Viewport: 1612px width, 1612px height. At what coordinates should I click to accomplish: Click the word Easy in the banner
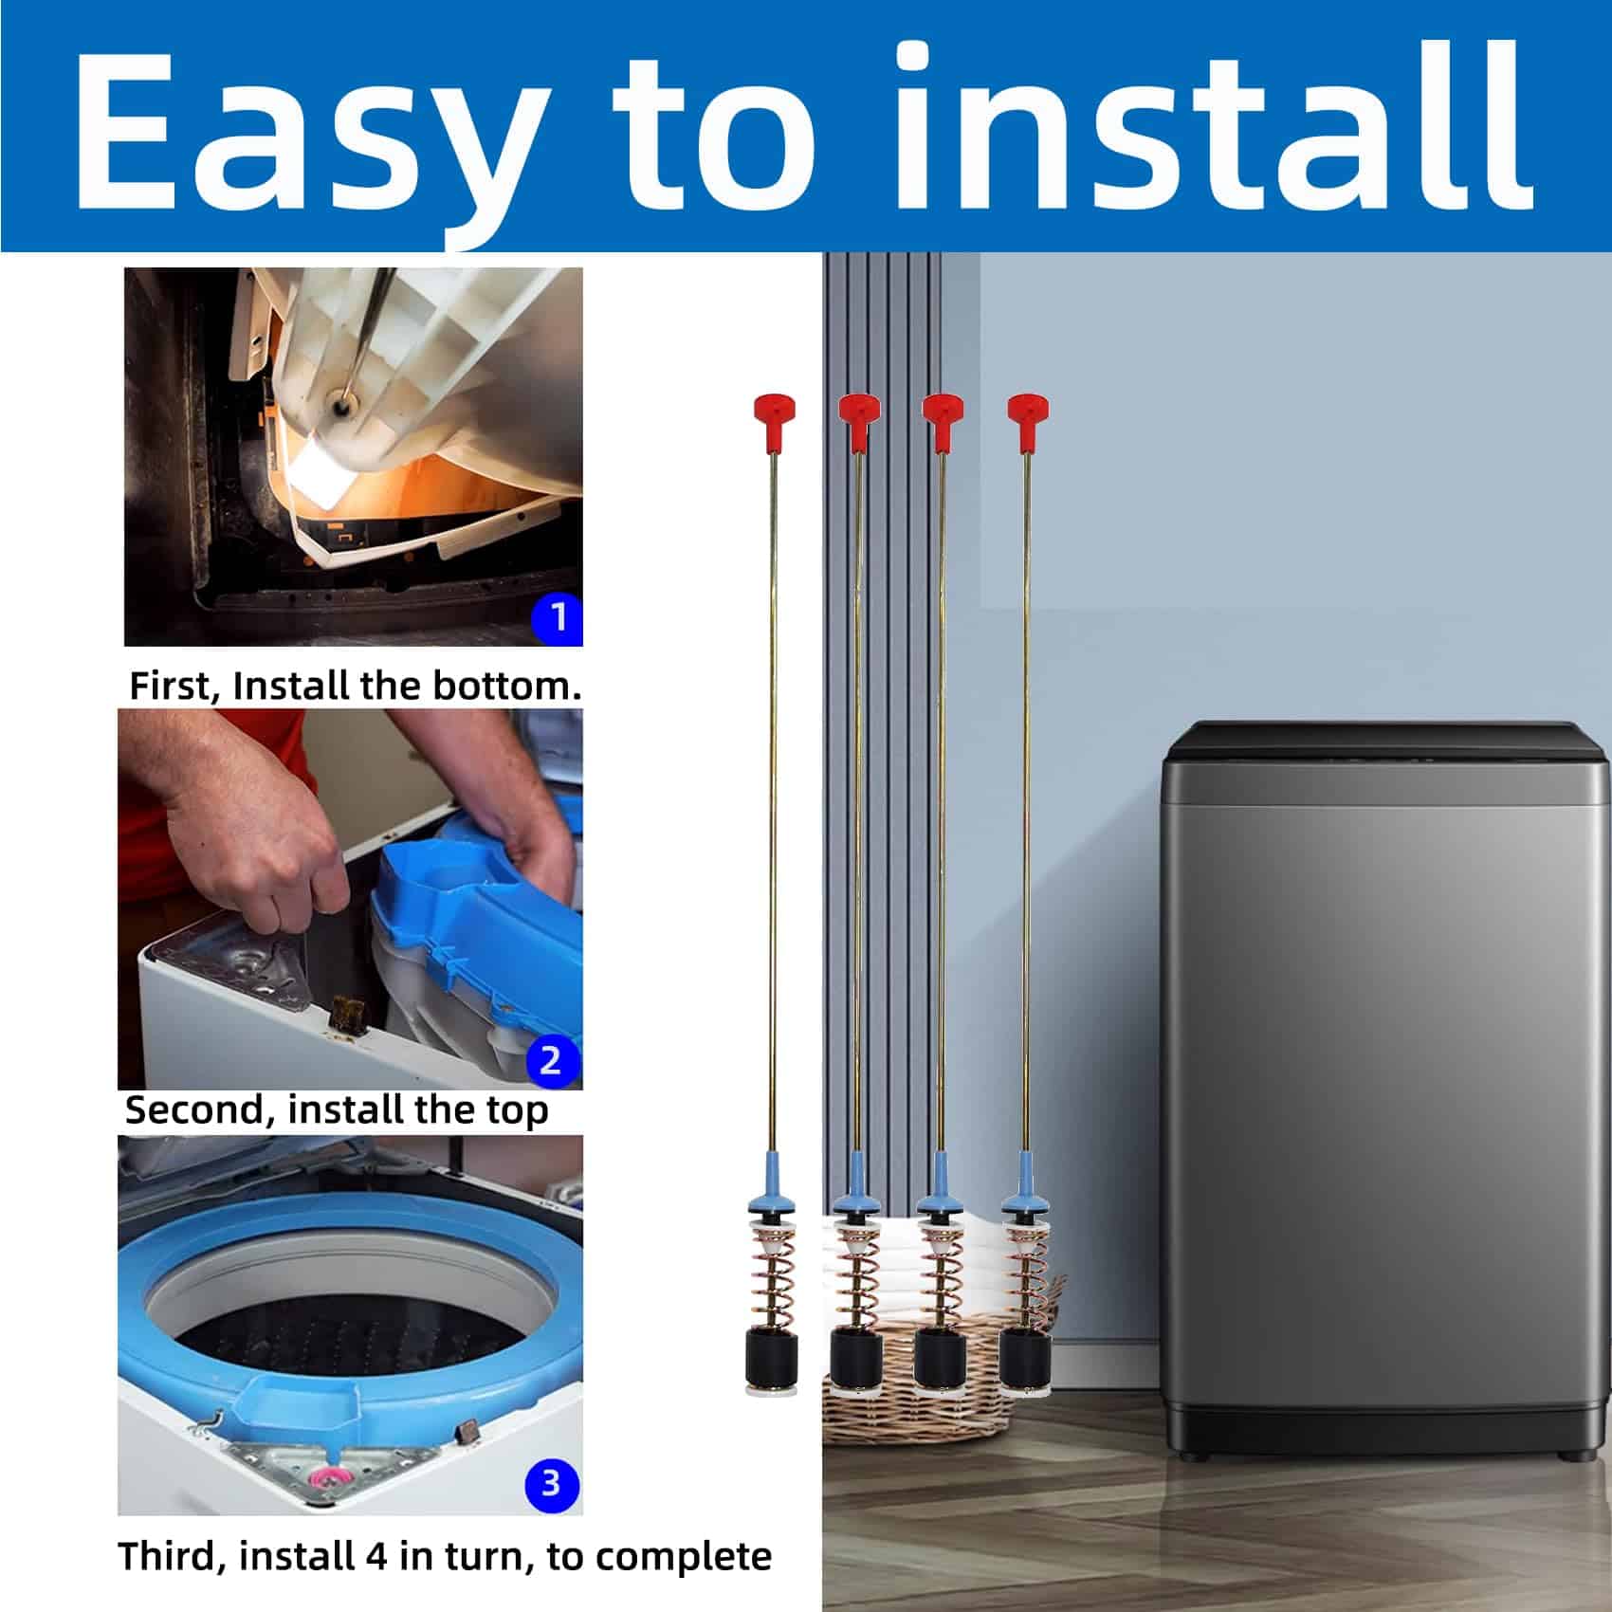pyautogui.click(x=304, y=132)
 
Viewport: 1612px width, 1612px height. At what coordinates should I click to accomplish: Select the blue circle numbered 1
pyautogui.click(x=559, y=617)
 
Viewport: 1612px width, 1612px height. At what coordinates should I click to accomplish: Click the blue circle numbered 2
pyautogui.click(x=550, y=1059)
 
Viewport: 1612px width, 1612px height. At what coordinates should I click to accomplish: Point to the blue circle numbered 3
pyautogui.click(x=550, y=1482)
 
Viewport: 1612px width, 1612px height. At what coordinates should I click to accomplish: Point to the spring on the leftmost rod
pyautogui.click(x=771, y=1275)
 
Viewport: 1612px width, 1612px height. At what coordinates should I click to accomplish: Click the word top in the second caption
pyautogui.click(x=518, y=1110)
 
